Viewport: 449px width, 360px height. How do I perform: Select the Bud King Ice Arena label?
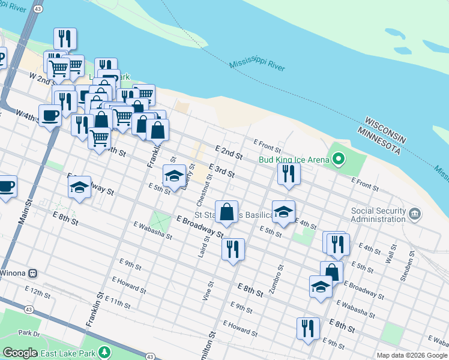(x=294, y=160)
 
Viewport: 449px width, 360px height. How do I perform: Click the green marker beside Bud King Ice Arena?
(x=339, y=159)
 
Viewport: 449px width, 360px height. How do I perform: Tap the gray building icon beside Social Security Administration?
(x=414, y=214)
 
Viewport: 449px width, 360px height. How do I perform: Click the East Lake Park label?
(x=67, y=352)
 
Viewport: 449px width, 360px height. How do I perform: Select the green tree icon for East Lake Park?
(x=105, y=351)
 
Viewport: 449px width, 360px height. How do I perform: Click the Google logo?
(x=20, y=353)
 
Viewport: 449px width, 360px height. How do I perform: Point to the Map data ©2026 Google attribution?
(x=412, y=355)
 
